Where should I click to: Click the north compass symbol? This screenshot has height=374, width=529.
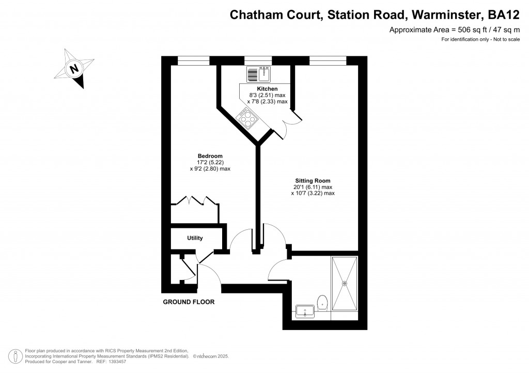75,68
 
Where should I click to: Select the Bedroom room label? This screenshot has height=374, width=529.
210,156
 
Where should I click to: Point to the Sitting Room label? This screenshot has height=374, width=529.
312,181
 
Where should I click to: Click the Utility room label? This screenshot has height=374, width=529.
195,238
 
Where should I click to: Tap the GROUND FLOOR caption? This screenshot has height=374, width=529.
189,302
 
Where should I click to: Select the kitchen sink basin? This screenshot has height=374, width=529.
264,74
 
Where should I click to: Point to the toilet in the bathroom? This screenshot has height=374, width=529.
323,302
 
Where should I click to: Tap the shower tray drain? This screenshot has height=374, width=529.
345,283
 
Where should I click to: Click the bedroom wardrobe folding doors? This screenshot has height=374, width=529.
194,201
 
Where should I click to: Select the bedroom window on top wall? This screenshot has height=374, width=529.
193,60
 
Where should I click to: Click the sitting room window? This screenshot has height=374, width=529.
328,60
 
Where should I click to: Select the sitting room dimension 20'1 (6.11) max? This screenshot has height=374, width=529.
312,187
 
